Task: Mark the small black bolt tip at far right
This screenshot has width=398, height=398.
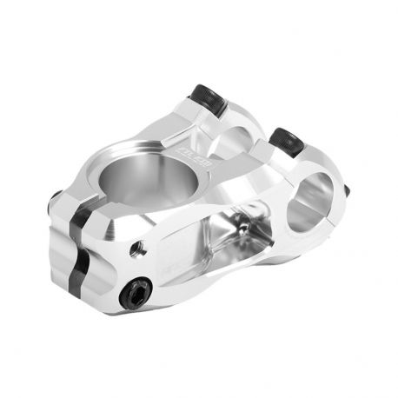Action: [346, 190]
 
